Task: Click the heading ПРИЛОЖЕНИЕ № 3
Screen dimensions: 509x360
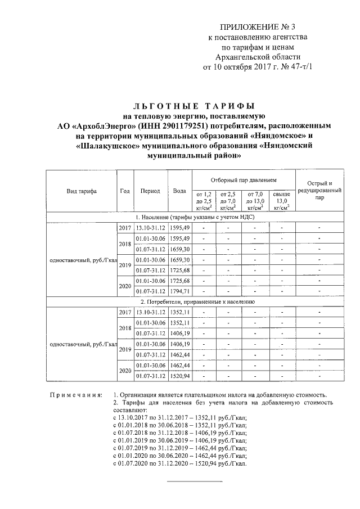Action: [x=259, y=28]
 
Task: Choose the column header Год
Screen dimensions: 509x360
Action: [x=125, y=191]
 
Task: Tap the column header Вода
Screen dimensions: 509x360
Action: [x=180, y=191]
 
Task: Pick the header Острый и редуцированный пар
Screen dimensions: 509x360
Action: [x=319, y=191]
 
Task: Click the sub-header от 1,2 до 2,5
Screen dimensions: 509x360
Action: [x=204, y=201]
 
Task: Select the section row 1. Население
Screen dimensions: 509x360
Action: [x=195, y=217]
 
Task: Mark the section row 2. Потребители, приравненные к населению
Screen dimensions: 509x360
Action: [x=195, y=301]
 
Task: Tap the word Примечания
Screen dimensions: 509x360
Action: [x=74, y=395]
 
